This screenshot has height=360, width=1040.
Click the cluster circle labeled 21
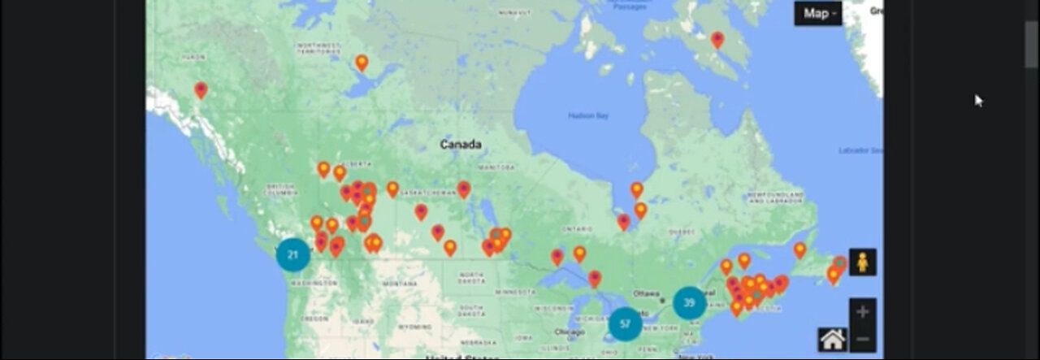point(292,255)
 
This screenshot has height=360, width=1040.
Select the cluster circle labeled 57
point(625,323)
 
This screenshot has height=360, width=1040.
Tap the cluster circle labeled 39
point(689,303)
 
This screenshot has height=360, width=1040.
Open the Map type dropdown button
point(817,13)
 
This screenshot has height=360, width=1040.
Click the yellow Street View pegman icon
point(862,262)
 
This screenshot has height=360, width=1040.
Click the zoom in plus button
point(862,311)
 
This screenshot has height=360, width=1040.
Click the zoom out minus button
point(862,338)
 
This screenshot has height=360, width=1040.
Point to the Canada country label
point(461,145)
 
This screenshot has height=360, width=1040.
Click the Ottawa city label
point(647,293)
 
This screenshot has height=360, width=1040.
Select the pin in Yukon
point(201,89)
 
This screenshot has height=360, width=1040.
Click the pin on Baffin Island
point(717,39)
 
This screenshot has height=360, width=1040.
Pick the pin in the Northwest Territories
point(362,62)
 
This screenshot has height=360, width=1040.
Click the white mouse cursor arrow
point(978,100)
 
